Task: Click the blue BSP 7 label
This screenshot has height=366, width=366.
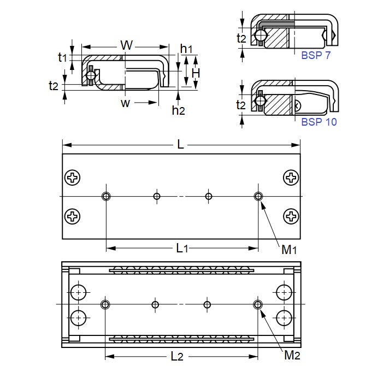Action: pos(316,55)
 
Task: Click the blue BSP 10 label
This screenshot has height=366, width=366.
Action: pos(318,122)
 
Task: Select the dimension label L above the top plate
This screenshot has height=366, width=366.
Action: pos(180,145)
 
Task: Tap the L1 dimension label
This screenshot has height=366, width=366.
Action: pos(182,249)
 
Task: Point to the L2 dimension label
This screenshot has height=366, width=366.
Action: pos(176,357)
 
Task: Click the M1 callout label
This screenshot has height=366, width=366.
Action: pos(289,250)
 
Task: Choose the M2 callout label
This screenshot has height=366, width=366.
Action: pos(292,356)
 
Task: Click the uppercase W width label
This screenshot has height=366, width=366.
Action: pos(126,45)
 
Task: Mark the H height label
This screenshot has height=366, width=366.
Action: pos(196,72)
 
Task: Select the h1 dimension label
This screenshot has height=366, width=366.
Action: pos(186,48)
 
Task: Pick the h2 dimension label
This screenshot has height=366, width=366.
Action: pos(178,110)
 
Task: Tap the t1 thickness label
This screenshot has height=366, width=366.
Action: pos(62,56)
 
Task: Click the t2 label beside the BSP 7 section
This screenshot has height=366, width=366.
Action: pos(241,38)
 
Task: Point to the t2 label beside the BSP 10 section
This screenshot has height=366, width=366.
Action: pos(241,104)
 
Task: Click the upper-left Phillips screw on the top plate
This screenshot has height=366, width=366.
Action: pos(72,177)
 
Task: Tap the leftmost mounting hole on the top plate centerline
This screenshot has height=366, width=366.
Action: pos(105,196)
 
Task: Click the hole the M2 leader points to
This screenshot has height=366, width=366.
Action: pos(257,304)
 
